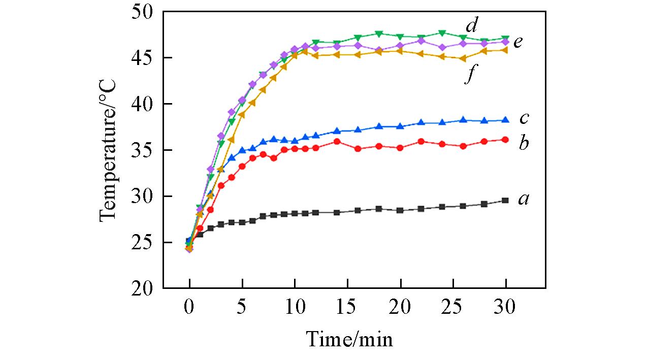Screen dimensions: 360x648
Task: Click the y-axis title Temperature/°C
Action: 109,150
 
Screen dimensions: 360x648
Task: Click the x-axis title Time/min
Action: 349,339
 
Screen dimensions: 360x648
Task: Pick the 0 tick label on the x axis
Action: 189,307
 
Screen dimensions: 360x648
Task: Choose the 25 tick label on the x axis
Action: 452,307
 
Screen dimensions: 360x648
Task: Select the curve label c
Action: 524,119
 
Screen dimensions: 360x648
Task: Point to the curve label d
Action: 472,24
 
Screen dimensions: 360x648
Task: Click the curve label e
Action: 518,42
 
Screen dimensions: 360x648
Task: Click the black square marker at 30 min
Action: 505,201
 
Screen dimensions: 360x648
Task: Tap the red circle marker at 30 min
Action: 505,139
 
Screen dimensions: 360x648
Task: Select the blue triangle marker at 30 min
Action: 505,120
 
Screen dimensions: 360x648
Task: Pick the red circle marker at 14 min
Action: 337,141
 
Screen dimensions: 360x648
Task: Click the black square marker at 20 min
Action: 400,210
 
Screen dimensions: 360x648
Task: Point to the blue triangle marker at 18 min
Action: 379,126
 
